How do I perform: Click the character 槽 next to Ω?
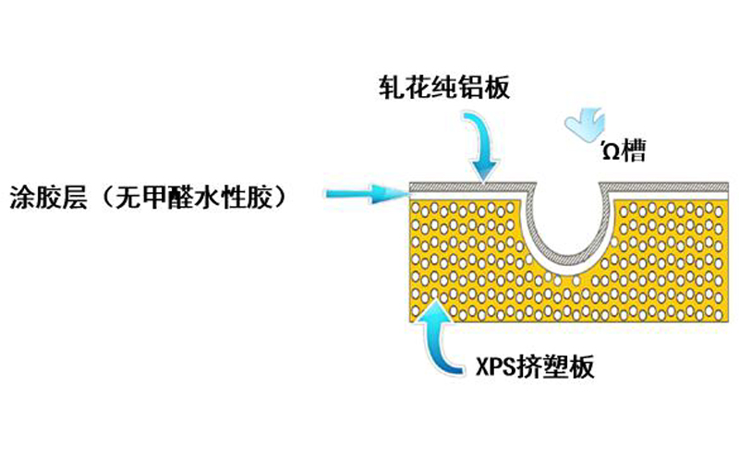(634, 150)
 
